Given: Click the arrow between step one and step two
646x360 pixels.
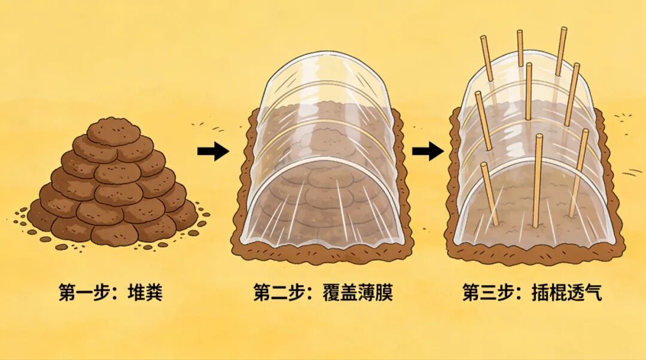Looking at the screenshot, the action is click(x=212, y=152).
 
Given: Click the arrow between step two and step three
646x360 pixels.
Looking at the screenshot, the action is click(x=428, y=152).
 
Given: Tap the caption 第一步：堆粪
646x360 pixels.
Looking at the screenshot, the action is click(x=111, y=294).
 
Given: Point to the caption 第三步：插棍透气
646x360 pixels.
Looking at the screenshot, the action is click(x=532, y=294).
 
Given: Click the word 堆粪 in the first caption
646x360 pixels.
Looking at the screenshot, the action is click(x=145, y=294).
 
